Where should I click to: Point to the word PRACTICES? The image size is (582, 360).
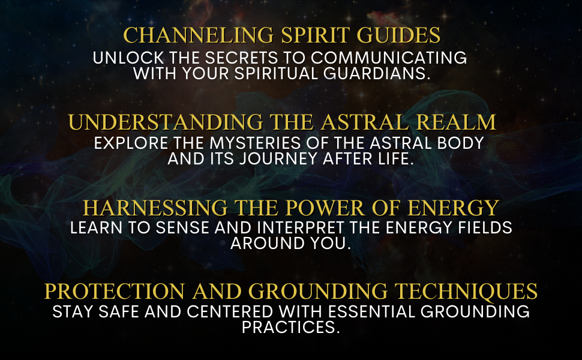coord(290,328)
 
